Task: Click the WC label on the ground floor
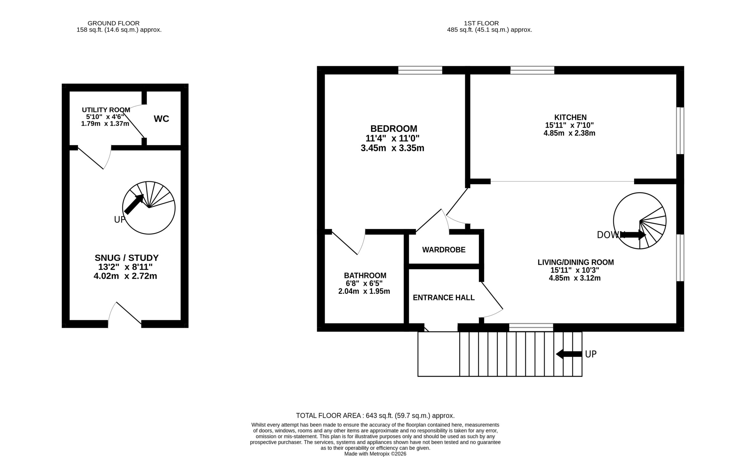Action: click(161, 119)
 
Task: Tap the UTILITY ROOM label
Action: click(106, 110)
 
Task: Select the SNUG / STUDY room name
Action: click(126, 258)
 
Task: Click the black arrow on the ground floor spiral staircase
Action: click(133, 204)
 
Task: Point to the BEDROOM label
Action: click(394, 129)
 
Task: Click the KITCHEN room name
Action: click(570, 117)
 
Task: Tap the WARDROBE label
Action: click(444, 250)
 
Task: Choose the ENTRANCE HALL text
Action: click(444, 297)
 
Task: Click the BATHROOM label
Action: click(365, 276)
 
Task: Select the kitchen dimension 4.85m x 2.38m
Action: click(569, 133)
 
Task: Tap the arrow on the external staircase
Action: click(569, 354)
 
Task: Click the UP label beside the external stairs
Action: click(591, 354)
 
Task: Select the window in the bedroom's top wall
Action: click(420, 70)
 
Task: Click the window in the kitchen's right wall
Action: click(680, 131)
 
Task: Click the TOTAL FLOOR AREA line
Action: click(375, 416)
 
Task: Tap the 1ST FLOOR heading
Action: click(481, 23)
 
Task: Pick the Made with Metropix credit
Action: click(375, 454)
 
